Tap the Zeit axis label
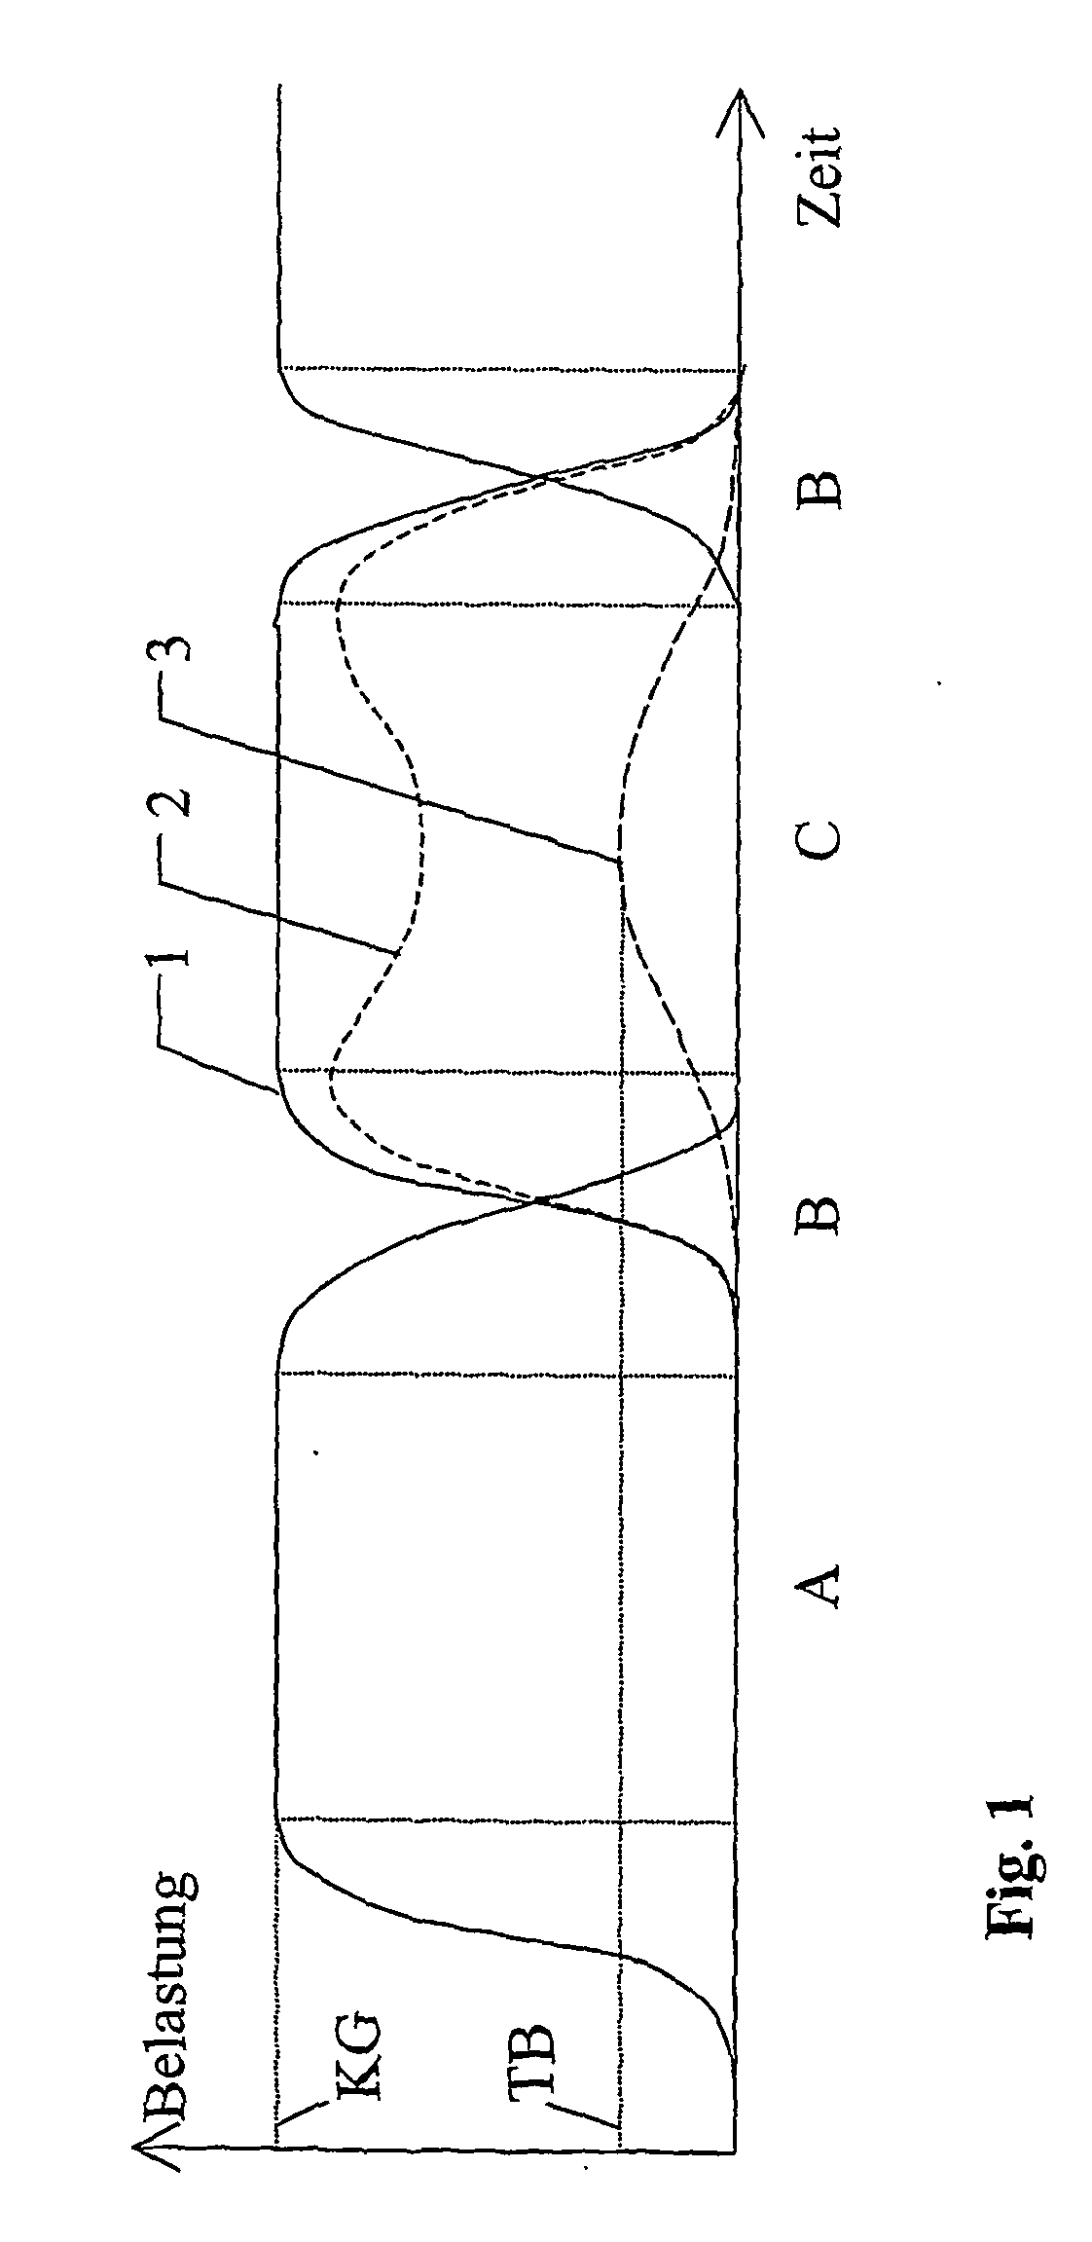pos(819,176)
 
